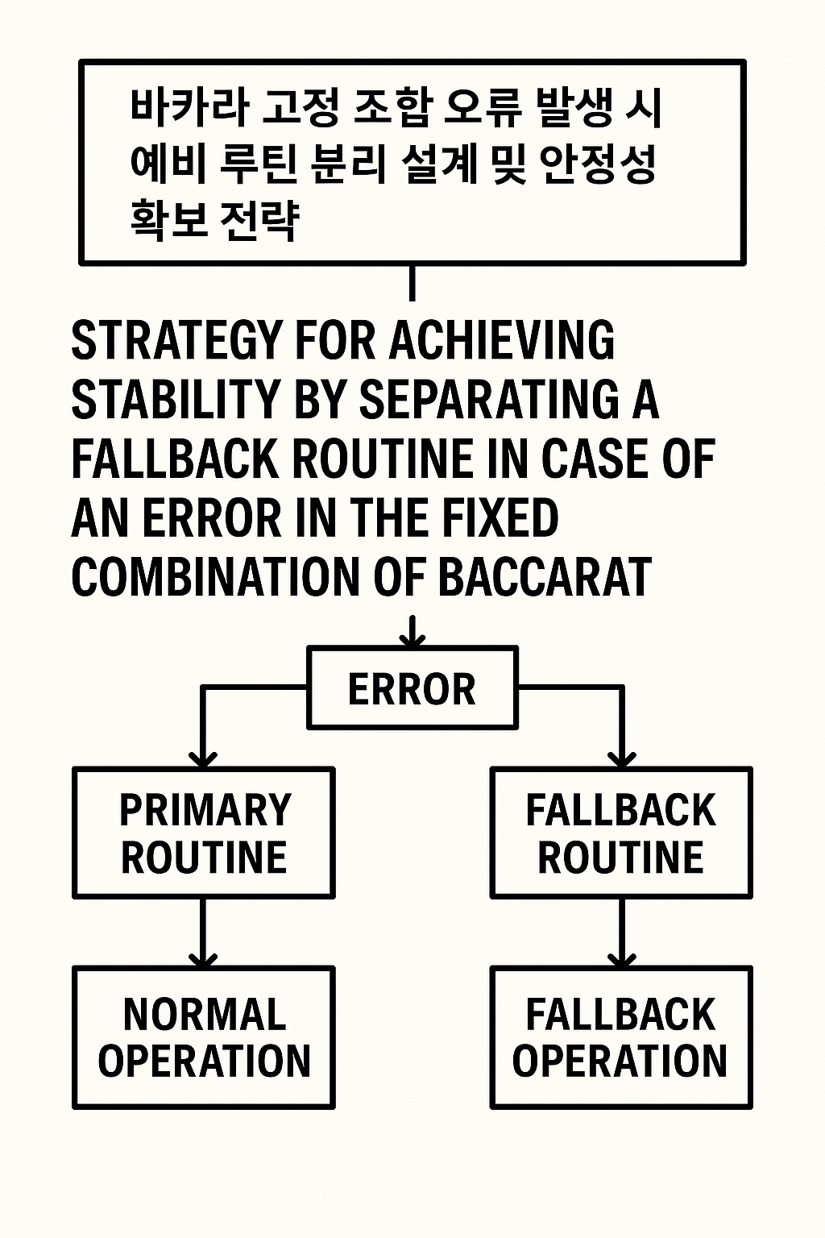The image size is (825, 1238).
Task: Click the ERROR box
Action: [x=412, y=688]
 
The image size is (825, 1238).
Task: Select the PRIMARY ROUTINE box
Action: [x=203, y=833]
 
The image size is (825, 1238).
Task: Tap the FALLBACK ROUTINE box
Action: [x=621, y=833]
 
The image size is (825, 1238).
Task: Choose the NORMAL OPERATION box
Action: [x=203, y=1038]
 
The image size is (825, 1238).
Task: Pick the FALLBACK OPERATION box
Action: [x=621, y=1038]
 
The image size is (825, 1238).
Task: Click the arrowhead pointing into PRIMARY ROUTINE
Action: [x=203, y=759]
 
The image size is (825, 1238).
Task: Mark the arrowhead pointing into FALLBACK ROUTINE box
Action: [x=622, y=759]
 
